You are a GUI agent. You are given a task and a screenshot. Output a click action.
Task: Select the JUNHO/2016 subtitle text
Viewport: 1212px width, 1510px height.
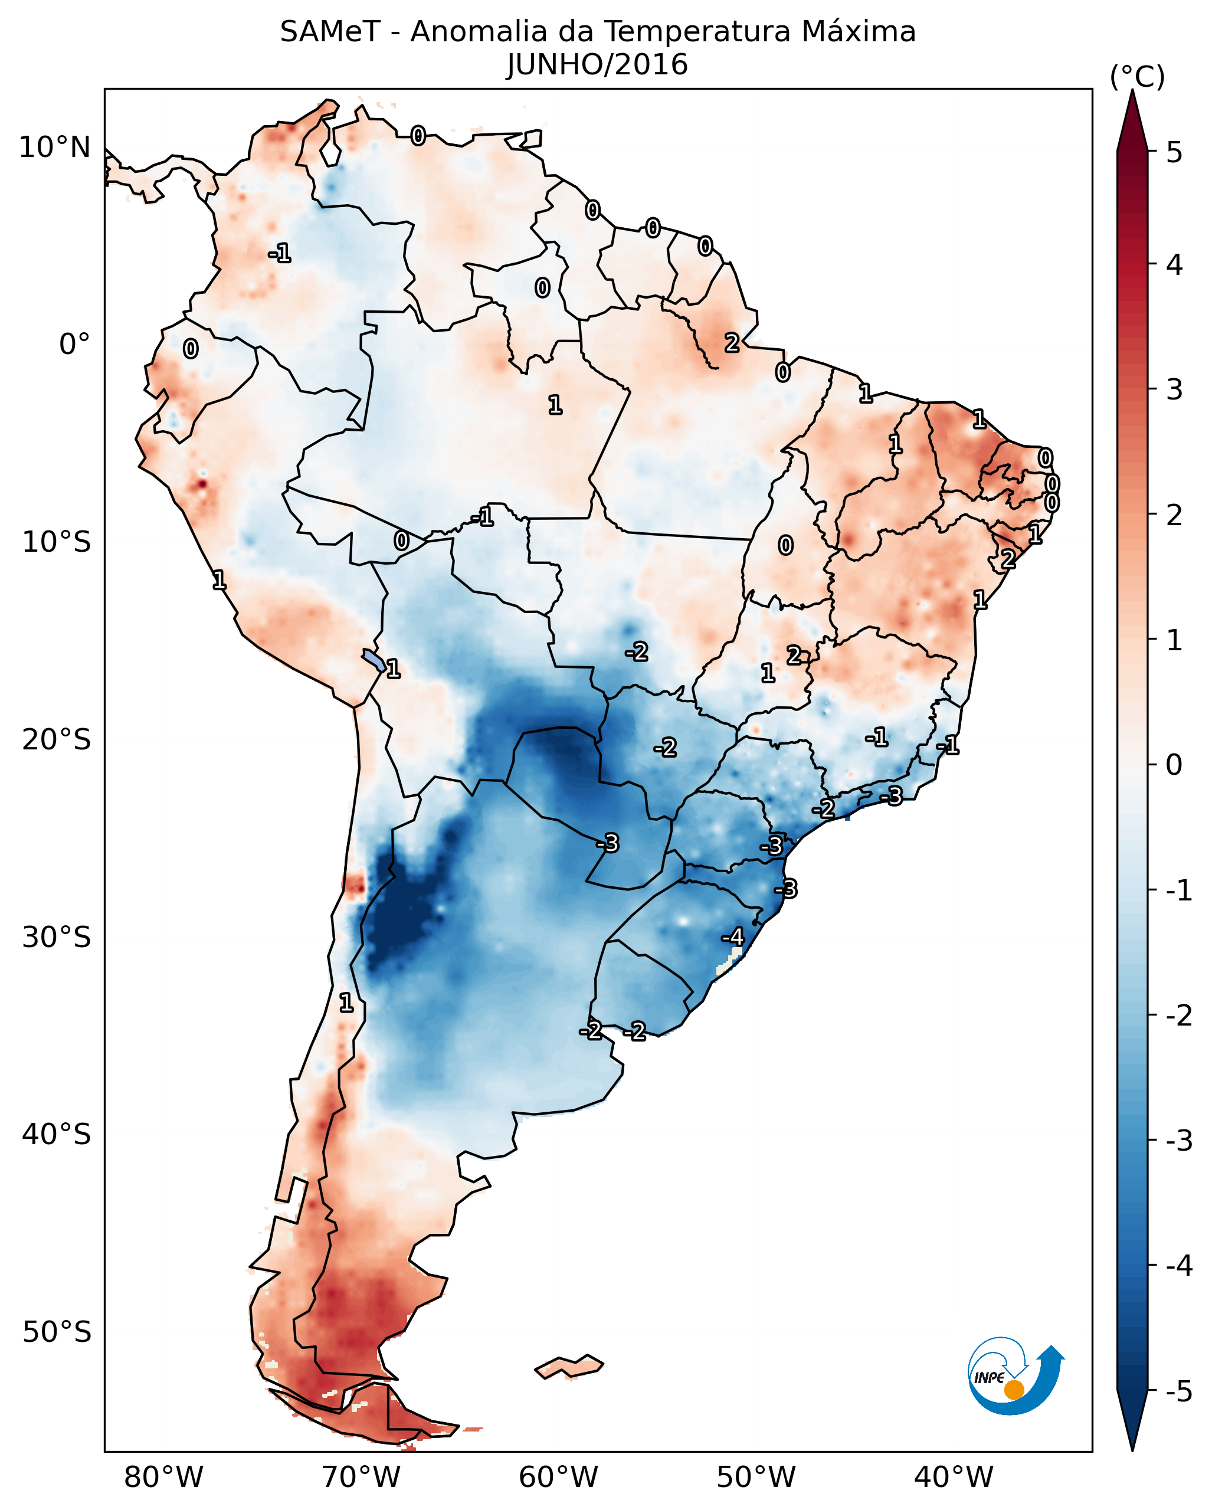(x=597, y=65)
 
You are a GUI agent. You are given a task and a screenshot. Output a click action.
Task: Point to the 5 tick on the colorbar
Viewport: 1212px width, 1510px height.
(x=1174, y=152)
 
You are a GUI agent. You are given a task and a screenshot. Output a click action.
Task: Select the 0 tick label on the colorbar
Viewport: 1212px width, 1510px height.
(x=1174, y=764)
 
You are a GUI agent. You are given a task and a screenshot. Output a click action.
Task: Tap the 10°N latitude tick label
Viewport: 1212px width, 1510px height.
(x=55, y=148)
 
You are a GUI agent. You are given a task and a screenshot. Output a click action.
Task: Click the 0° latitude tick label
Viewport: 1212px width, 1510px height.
(x=74, y=345)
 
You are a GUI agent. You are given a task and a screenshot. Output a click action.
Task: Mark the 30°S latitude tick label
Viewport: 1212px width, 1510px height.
(x=56, y=937)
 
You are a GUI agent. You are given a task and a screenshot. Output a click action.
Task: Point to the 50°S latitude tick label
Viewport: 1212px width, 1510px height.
(x=56, y=1332)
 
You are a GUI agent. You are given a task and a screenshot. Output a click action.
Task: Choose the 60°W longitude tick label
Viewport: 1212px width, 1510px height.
(x=558, y=1477)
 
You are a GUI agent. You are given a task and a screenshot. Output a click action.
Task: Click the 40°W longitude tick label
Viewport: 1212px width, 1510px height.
(x=953, y=1477)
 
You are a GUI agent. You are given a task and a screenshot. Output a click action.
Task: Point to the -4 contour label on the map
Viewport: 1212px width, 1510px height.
(x=732, y=937)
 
